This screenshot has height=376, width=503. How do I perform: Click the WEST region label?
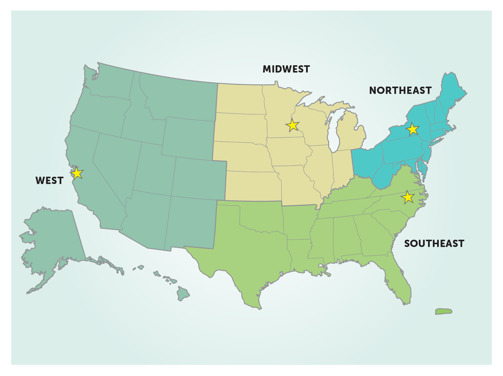coord(49,180)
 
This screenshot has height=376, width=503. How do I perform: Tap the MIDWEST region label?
coord(286,69)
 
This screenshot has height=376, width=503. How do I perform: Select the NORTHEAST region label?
coord(400,90)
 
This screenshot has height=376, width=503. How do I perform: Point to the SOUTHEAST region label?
coord(434,243)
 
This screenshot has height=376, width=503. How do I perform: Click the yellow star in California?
coord(77,173)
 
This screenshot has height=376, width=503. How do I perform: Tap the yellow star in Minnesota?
coord(292,125)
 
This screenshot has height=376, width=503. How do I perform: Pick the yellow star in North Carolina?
coord(408,197)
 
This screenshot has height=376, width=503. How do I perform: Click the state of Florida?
coord(400,281)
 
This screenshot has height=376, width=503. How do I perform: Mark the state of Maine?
coord(451,90)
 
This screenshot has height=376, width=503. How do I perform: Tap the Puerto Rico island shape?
coord(444,311)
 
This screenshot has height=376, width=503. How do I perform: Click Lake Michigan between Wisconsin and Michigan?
coord(332,133)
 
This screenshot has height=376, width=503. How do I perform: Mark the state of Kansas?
coord(253,186)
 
